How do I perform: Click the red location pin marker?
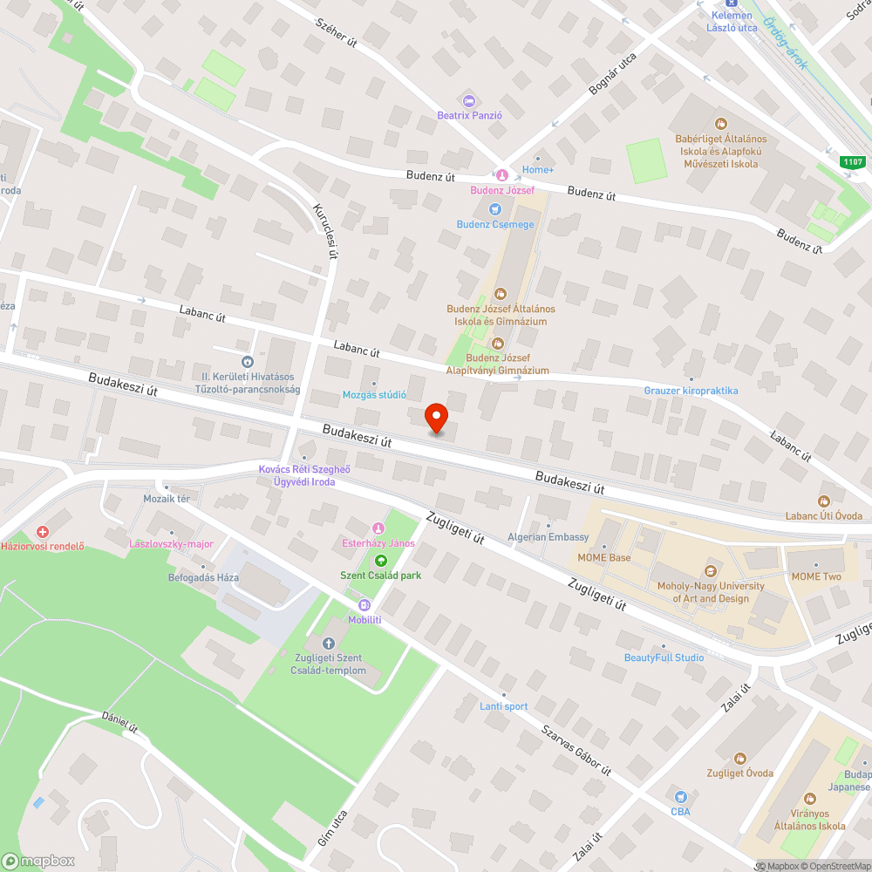point(435,419)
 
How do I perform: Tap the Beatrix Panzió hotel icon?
point(469,101)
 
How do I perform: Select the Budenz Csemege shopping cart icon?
point(495,209)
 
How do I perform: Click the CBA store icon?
point(681,797)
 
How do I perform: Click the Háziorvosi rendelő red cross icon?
point(42,532)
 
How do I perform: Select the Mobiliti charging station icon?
point(364,605)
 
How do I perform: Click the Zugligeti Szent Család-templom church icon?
point(328,644)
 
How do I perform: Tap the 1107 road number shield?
point(853,161)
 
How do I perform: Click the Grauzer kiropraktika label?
point(691,391)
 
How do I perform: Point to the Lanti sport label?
point(503,706)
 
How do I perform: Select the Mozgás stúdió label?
point(374,395)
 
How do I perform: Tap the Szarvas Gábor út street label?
point(576,752)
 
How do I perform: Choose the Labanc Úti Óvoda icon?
point(822,501)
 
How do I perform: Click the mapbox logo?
point(39,861)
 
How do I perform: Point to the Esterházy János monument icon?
point(378,528)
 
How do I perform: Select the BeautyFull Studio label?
point(664,657)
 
